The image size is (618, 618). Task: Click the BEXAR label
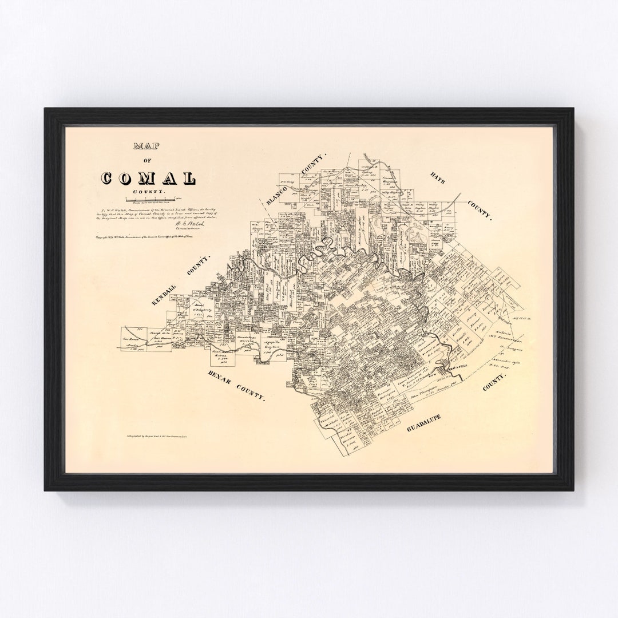216,380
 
